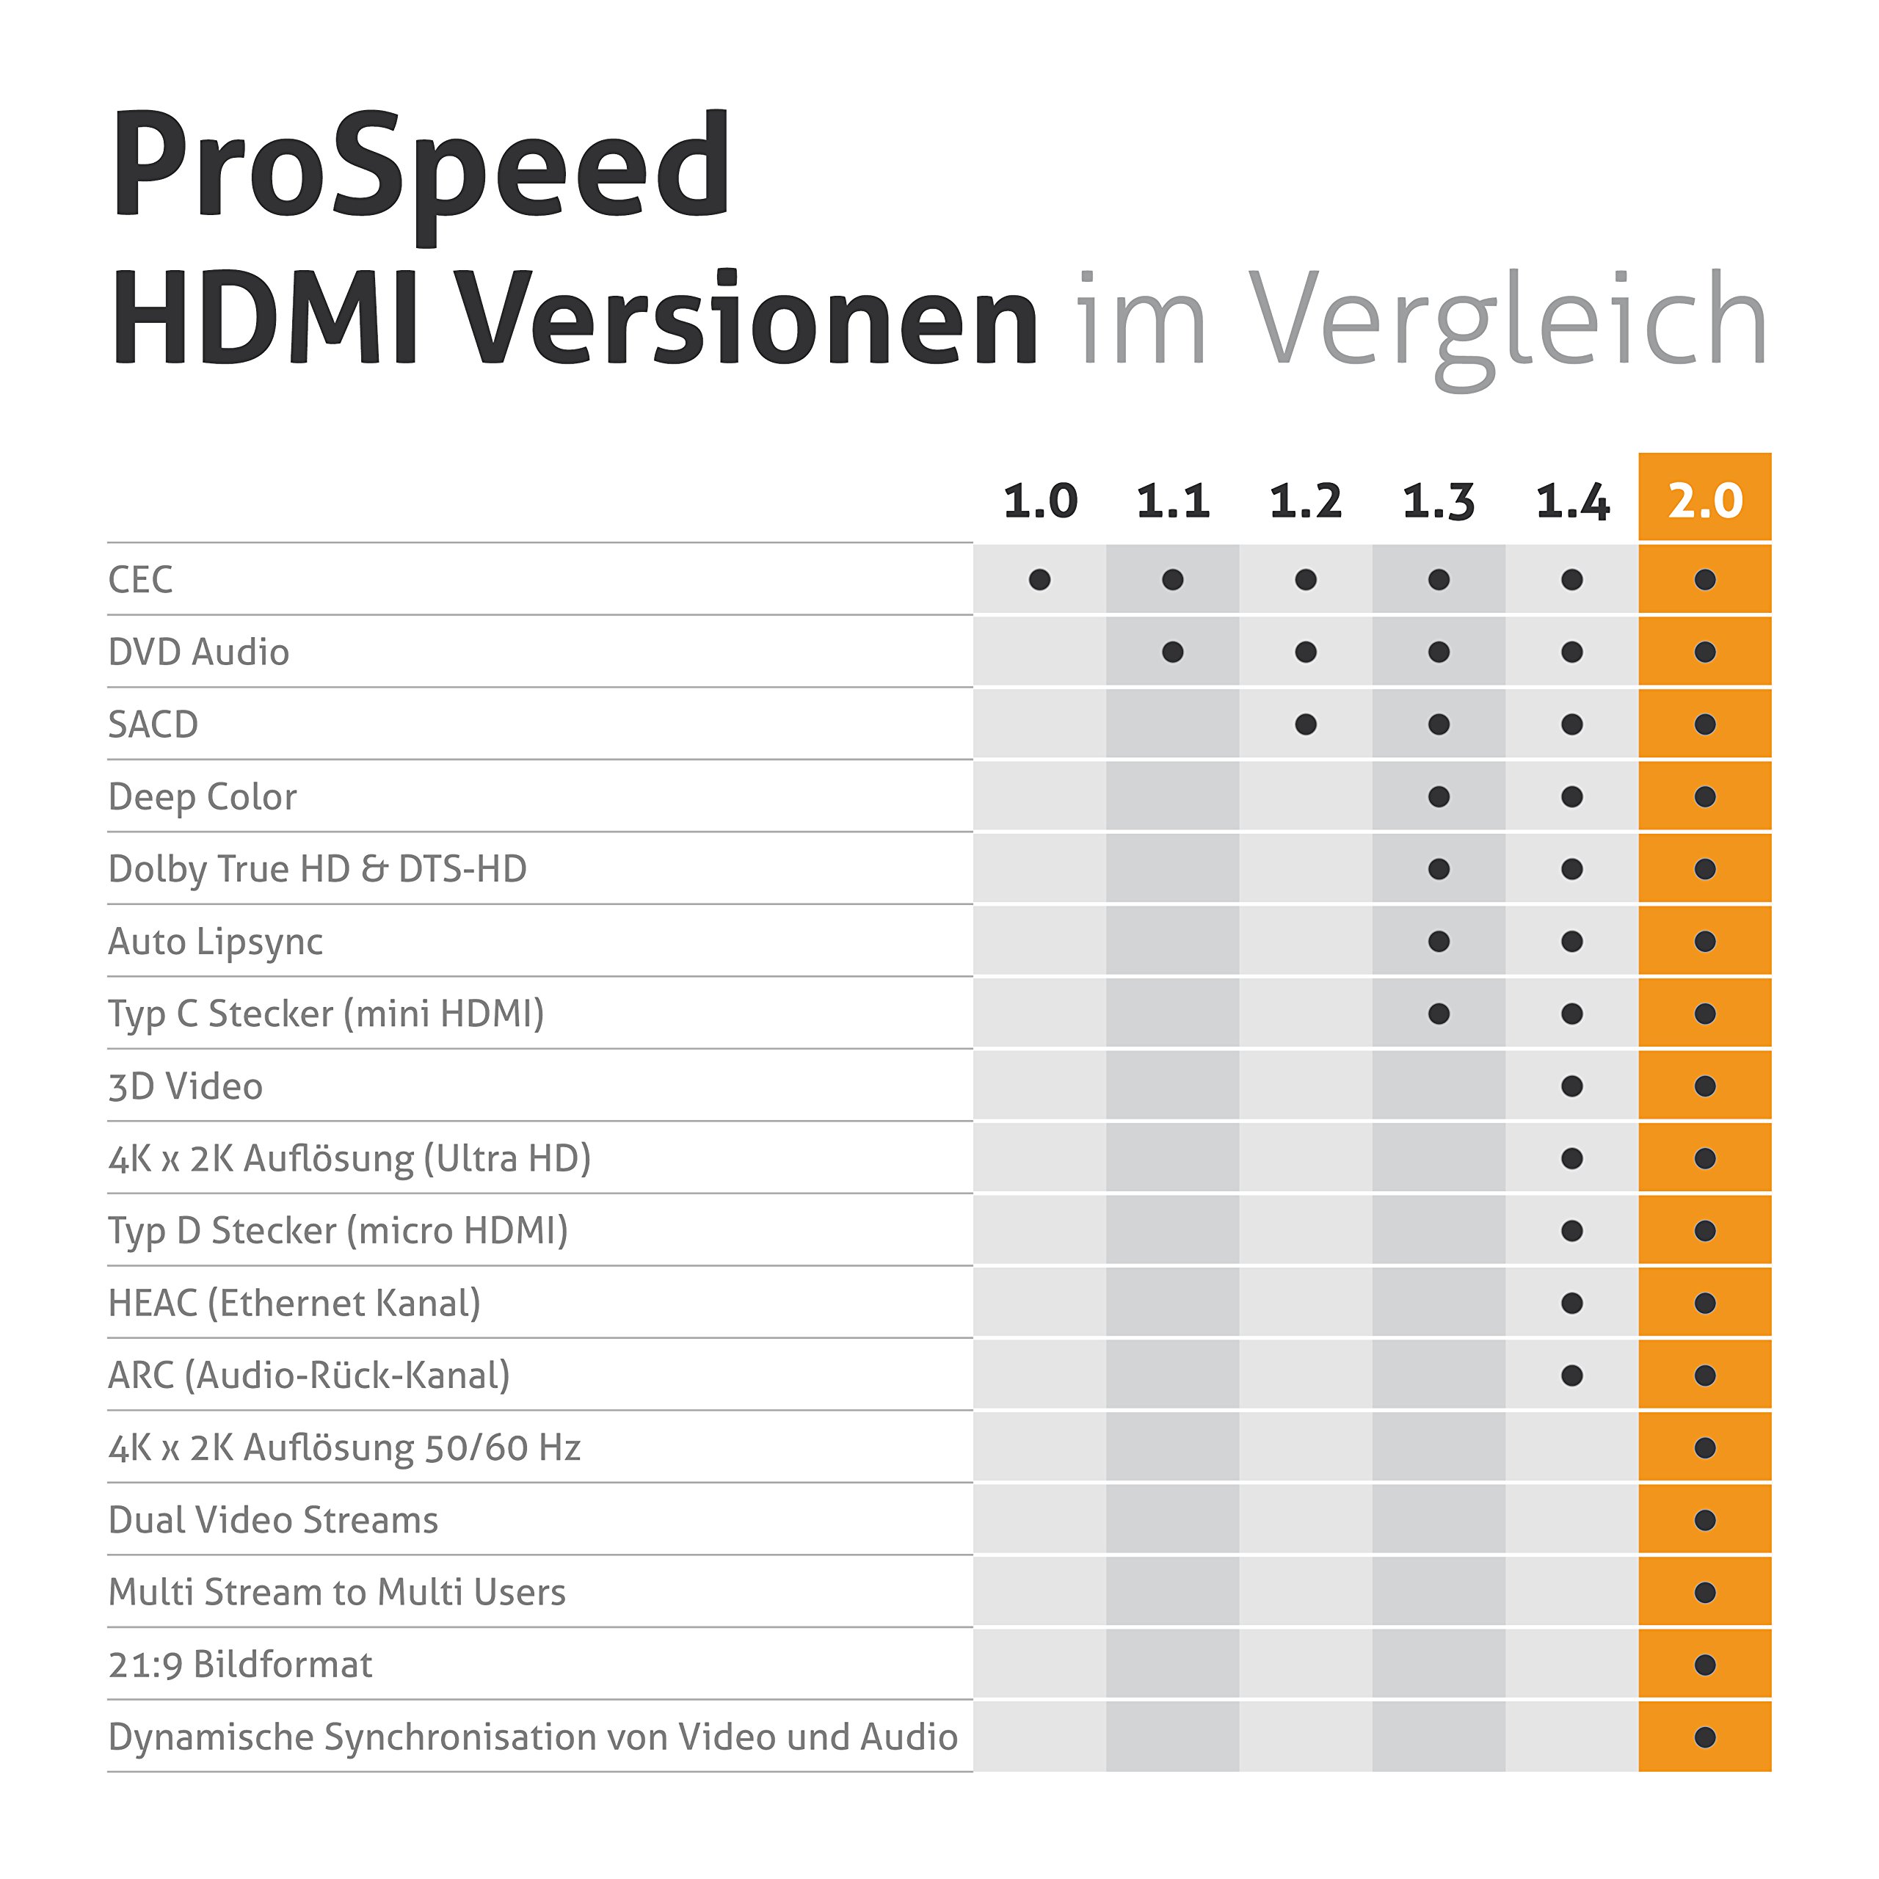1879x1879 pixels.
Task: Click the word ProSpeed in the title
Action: [x=420, y=167]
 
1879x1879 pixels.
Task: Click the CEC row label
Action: [x=140, y=580]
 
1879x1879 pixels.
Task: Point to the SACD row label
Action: [x=153, y=724]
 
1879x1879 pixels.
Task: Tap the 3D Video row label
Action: [x=185, y=1086]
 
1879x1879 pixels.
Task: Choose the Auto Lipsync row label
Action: [x=215, y=942]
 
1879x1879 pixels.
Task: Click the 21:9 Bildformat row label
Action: [x=240, y=1665]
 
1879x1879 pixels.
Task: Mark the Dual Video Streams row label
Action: [x=273, y=1520]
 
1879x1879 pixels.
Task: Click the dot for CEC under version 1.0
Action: [x=1039, y=581]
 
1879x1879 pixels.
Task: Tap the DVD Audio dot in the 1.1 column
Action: [x=1173, y=653]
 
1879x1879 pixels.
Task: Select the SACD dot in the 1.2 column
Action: [x=1306, y=724]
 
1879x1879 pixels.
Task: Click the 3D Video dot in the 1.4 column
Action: [x=1571, y=1086]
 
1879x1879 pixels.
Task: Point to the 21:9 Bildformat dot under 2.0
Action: [x=1705, y=1665]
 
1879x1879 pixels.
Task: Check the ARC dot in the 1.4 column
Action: [x=1571, y=1376]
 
